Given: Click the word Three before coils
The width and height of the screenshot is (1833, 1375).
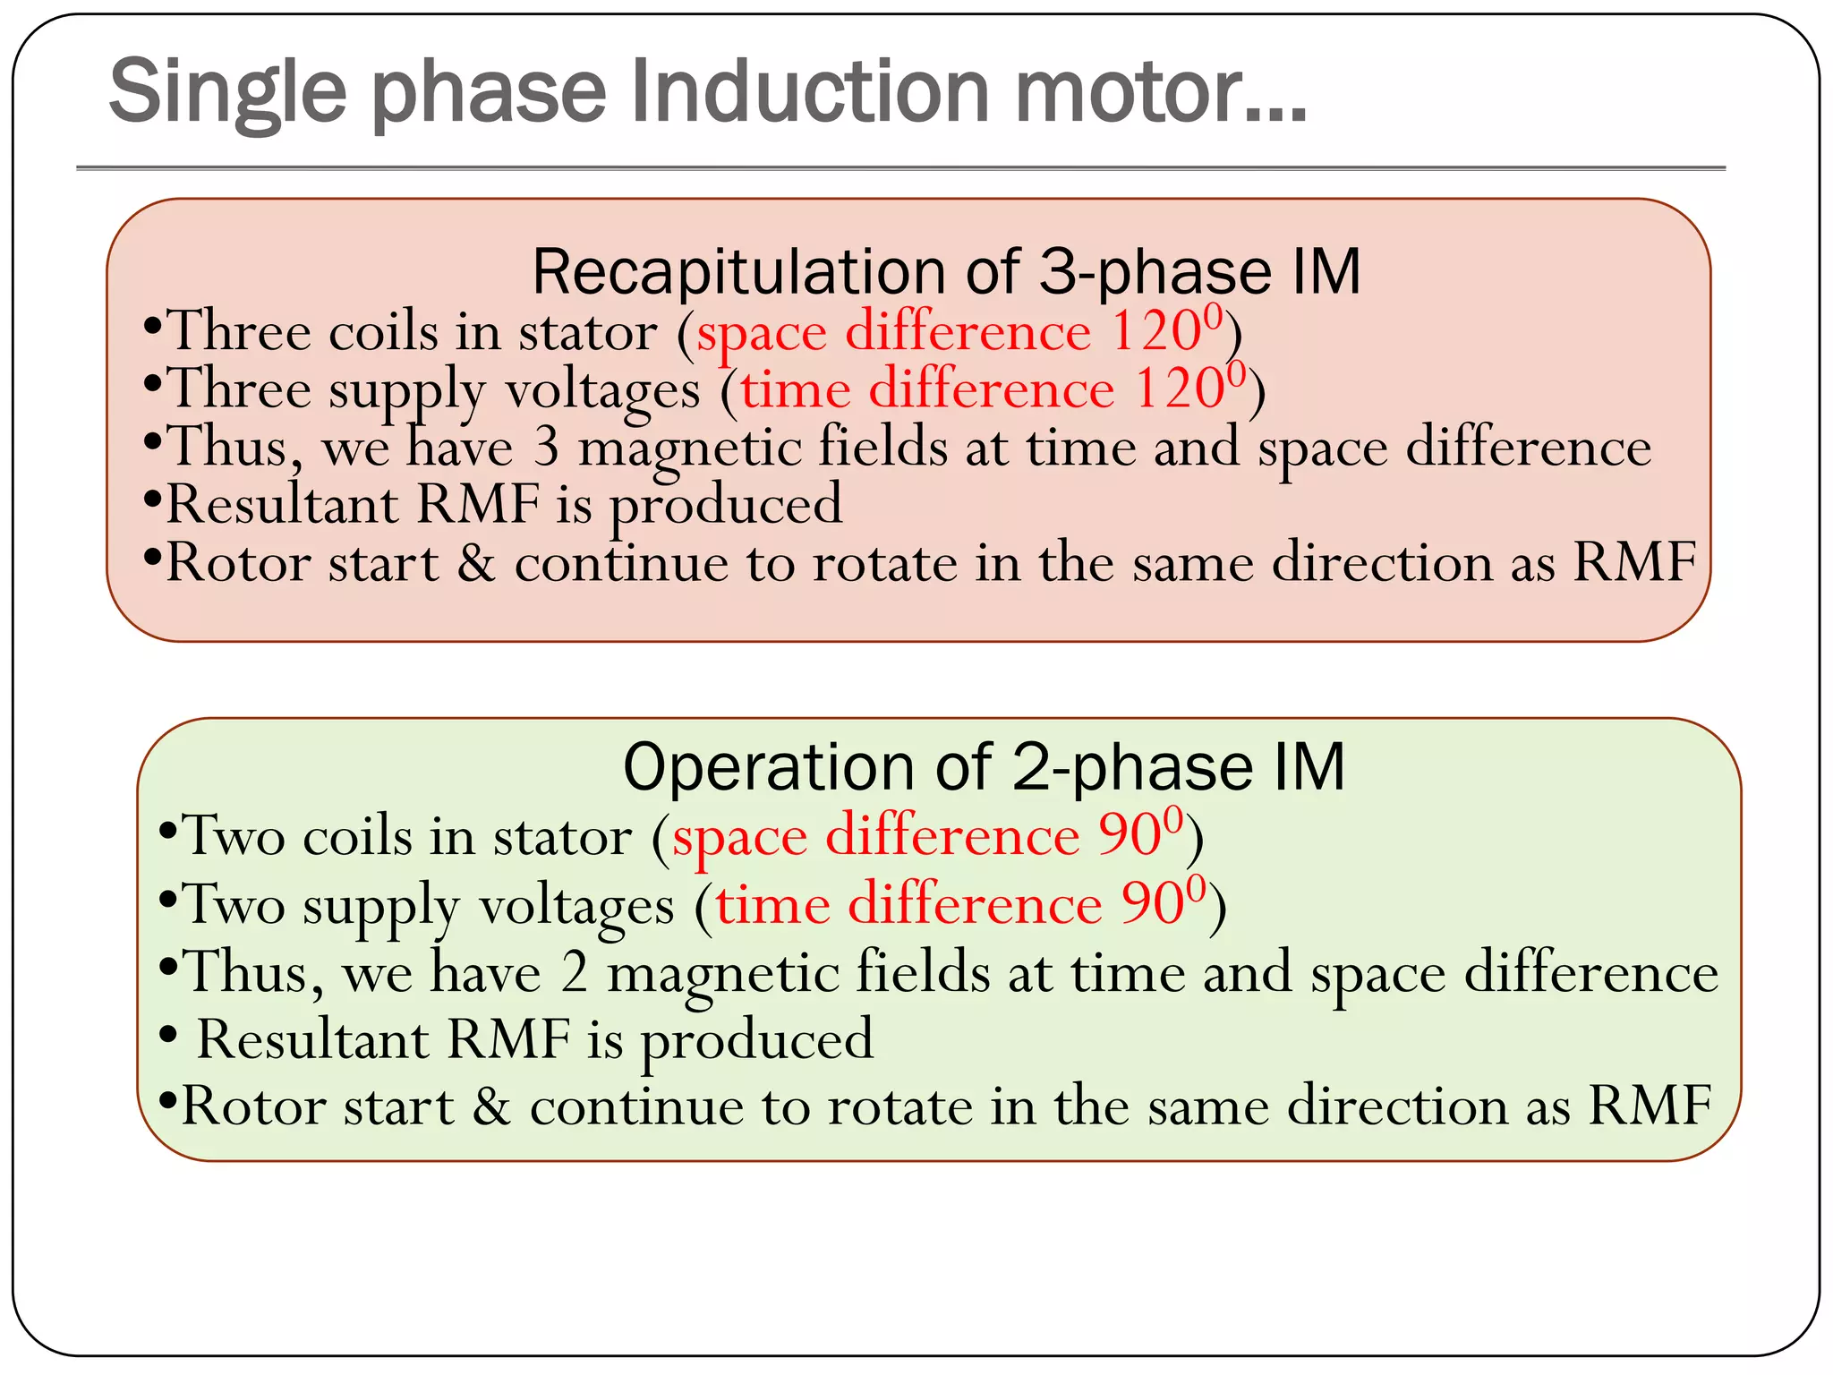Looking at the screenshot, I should [239, 331].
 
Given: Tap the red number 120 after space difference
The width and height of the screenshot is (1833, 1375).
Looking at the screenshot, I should [1156, 331].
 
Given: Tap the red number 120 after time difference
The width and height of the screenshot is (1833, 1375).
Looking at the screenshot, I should [1180, 389].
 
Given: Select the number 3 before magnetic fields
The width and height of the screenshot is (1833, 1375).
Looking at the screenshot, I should [546, 448].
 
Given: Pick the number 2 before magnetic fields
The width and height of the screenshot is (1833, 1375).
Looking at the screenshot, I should [574, 973].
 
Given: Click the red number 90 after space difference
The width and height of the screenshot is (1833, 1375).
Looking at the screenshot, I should [1130, 835].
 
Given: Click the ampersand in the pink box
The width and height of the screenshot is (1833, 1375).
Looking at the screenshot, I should [476, 563].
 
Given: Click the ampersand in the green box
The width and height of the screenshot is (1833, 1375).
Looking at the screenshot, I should [491, 1106].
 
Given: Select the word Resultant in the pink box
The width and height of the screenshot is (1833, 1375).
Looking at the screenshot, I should [282, 504].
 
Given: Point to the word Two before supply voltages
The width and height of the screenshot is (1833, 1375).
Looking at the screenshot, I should [234, 903].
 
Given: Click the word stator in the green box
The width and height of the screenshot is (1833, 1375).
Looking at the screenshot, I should [562, 837].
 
